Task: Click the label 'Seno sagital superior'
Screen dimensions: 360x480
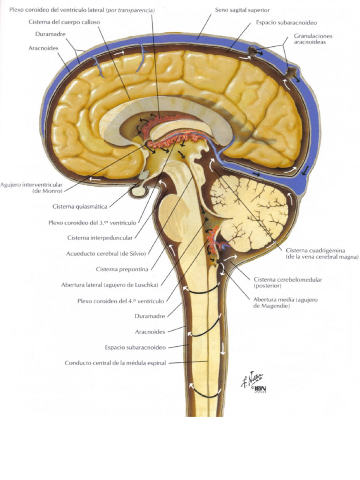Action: [242, 10]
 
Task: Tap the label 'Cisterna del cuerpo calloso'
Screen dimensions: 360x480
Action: [64, 22]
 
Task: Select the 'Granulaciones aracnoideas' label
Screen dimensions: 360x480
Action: [313, 39]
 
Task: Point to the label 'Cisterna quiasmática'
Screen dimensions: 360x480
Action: [80, 207]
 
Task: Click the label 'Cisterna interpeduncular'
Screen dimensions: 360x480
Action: [100, 238]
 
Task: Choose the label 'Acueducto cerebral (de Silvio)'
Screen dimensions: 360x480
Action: [106, 254]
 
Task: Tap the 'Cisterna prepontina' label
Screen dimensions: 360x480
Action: [122, 270]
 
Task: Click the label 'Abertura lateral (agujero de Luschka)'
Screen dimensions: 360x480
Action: [110, 285]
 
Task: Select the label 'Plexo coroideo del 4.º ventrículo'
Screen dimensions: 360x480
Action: [120, 301]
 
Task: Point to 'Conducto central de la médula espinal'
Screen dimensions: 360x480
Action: [115, 363]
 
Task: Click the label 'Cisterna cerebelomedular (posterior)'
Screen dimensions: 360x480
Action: [288, 283]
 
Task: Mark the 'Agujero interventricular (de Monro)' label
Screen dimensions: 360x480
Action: [31, 188]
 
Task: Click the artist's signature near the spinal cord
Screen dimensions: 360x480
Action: [252, 379]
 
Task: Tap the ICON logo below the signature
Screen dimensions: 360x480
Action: [260, 390]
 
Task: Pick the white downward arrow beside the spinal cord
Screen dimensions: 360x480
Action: [223, 348]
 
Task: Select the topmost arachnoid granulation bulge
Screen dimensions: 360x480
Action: [253, 52]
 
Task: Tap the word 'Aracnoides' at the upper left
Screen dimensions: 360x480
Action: [43, 48]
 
